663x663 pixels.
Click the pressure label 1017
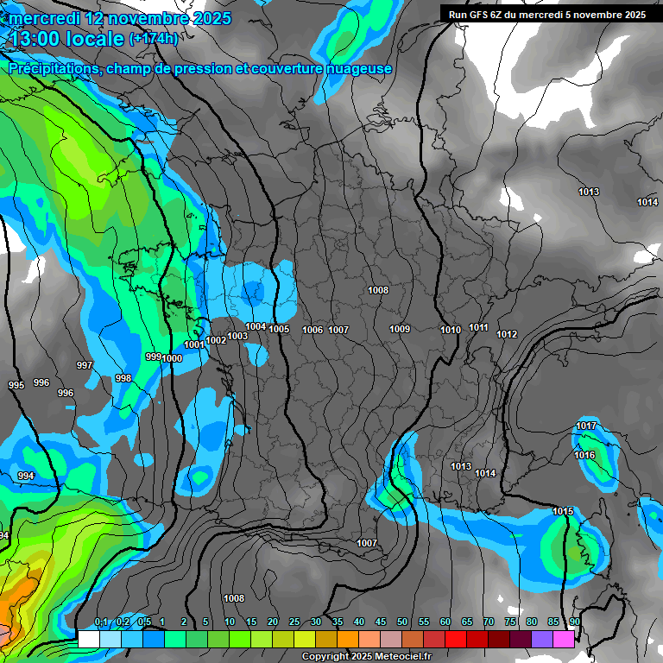586,426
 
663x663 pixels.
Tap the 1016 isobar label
584,455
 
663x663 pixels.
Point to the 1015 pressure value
563,512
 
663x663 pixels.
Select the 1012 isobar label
507,334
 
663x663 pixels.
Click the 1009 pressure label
399,329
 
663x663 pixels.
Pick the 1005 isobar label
279,329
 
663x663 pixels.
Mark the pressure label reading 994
26,476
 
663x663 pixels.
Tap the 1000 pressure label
172,358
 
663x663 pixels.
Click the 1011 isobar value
478,328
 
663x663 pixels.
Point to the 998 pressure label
123,378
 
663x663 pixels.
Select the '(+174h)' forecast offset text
153,39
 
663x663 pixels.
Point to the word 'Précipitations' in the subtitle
52,69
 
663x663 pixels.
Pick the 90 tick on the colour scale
574,622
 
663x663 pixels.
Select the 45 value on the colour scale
381,622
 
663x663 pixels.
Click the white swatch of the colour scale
88,639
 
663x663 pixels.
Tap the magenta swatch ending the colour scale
564,639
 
